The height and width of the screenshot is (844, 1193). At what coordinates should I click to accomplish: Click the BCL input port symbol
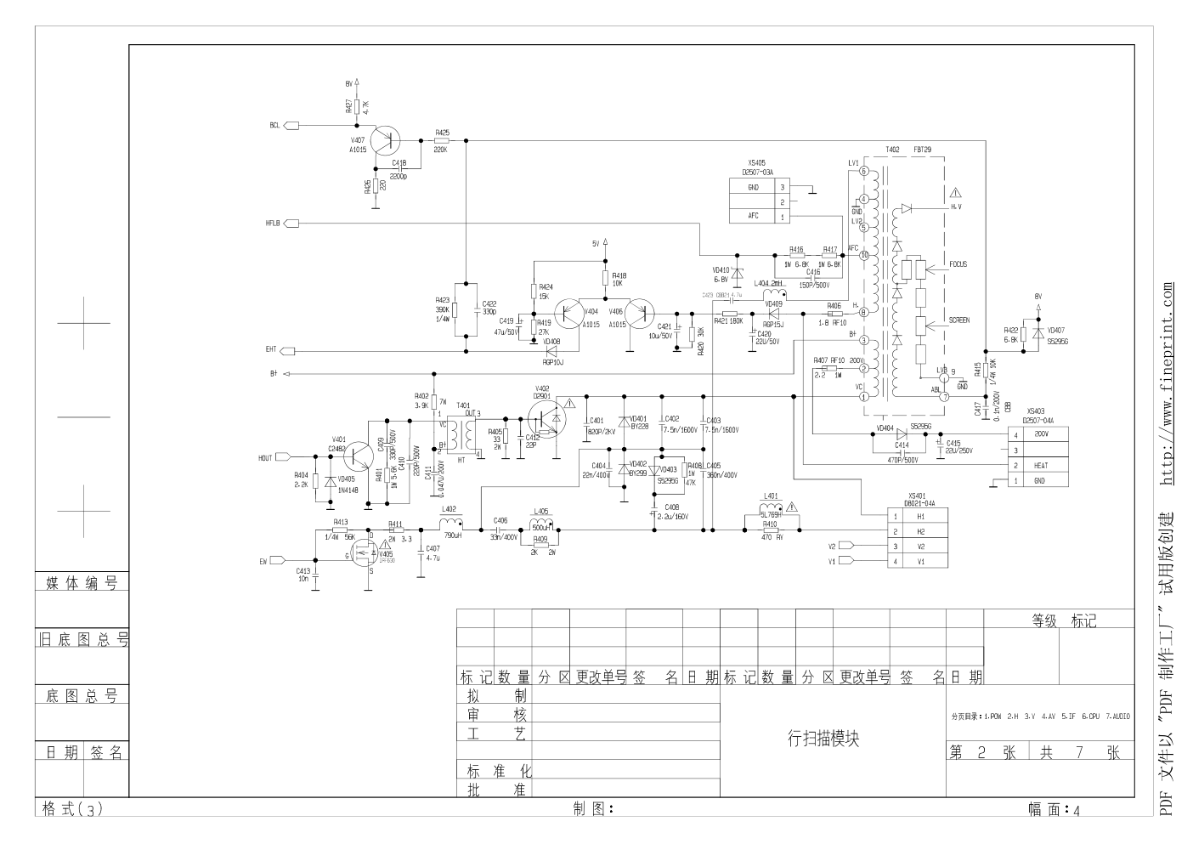(x=291, y=126)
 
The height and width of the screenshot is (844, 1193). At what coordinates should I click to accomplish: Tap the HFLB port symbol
(x=291, y=224)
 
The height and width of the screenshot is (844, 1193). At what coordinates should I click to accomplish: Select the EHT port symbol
(x=288, y=351)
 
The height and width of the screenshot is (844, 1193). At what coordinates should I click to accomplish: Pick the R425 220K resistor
(x=441, y=140)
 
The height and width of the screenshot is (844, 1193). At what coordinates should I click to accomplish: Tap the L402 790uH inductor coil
(x=451, y=522)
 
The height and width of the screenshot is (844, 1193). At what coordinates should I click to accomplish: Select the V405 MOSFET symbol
(x=367, y=553)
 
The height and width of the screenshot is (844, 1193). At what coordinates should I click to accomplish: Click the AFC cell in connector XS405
(x=753, y=216)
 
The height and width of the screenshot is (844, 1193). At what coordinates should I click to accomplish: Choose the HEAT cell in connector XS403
(x=1041, y=466)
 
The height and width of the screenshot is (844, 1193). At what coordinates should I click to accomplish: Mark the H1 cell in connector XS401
(x=920, y=516)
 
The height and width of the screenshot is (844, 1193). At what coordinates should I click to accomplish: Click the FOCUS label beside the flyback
(x=958, y=264)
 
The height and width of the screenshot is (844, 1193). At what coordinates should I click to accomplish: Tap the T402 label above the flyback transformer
(x=892, y=150)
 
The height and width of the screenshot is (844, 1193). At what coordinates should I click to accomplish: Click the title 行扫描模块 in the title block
(x=823, y=738)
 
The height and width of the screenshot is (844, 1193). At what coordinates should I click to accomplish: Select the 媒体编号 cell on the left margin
(x=82, y=583)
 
